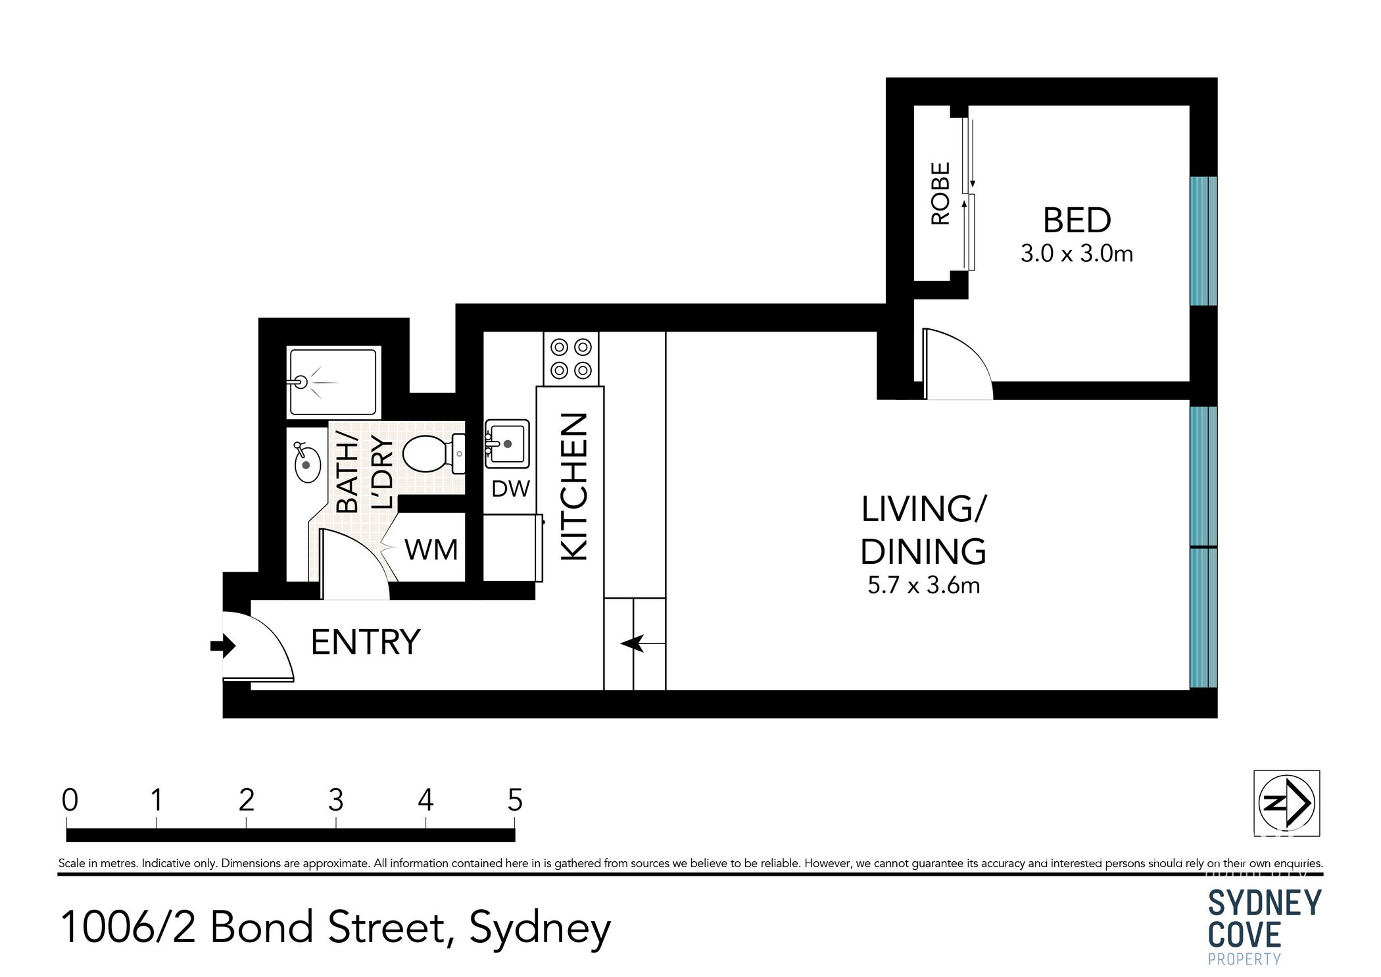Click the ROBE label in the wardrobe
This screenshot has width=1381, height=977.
coord(941,194)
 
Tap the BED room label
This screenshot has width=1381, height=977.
coord(1077,220)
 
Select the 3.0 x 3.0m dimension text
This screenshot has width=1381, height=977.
coord(1077,254)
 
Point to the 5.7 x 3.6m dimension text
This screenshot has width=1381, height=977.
coord(923,586)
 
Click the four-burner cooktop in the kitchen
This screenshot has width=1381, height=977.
coord(571,359)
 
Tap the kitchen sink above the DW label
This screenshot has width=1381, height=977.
coord(507,444)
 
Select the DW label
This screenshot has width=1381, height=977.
coord(511,489)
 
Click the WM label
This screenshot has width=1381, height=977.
coord(431,550)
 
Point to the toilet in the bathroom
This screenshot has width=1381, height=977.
coord(431,454)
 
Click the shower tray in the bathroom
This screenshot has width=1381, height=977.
coord(334,382)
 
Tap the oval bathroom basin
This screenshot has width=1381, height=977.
coord(306,463)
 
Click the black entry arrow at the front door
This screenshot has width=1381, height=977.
coord(223,646)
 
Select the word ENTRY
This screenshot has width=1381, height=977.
coord(365,642)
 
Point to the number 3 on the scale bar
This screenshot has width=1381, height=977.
coord(335,801)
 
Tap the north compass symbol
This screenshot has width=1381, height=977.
coord(1286,803)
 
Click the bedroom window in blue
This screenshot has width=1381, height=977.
coord(1203,241)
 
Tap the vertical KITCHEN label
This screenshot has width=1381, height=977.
coord(573,487)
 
